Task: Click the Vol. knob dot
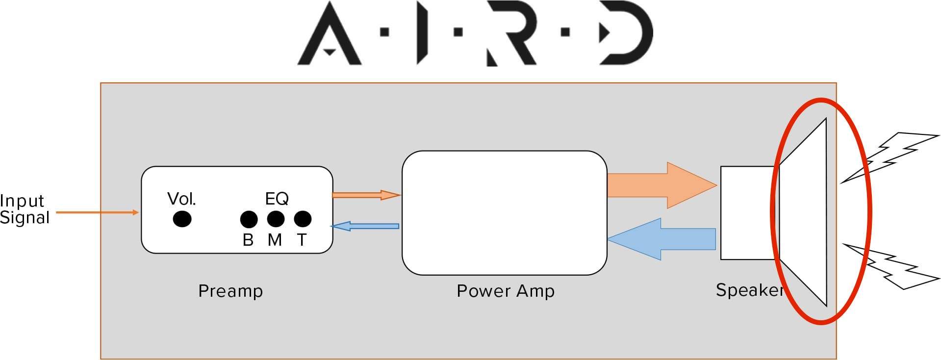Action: coord(182,219)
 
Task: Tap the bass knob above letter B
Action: coord(249,219)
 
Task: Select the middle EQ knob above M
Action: coord(276,219)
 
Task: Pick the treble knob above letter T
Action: coord(303,219)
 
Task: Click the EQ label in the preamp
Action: coord(277,199)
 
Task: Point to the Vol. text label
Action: coord(181,199)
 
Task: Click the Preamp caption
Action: coord(230,291)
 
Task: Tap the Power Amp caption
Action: coord(506,291)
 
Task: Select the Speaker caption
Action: coord(750,290)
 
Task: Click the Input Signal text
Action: coord(25,209)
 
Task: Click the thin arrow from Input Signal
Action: coord(97,212)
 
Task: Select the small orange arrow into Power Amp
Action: coord(366,195)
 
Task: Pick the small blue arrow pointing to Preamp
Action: coord(365,226)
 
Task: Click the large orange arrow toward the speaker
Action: coord(662,185)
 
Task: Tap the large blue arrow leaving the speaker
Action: coord(661,239)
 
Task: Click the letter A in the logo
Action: coord(329,33)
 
